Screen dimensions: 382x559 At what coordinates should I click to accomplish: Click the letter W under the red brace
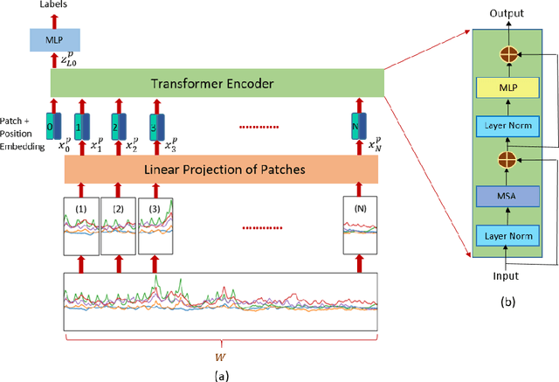tap(219, 356)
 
